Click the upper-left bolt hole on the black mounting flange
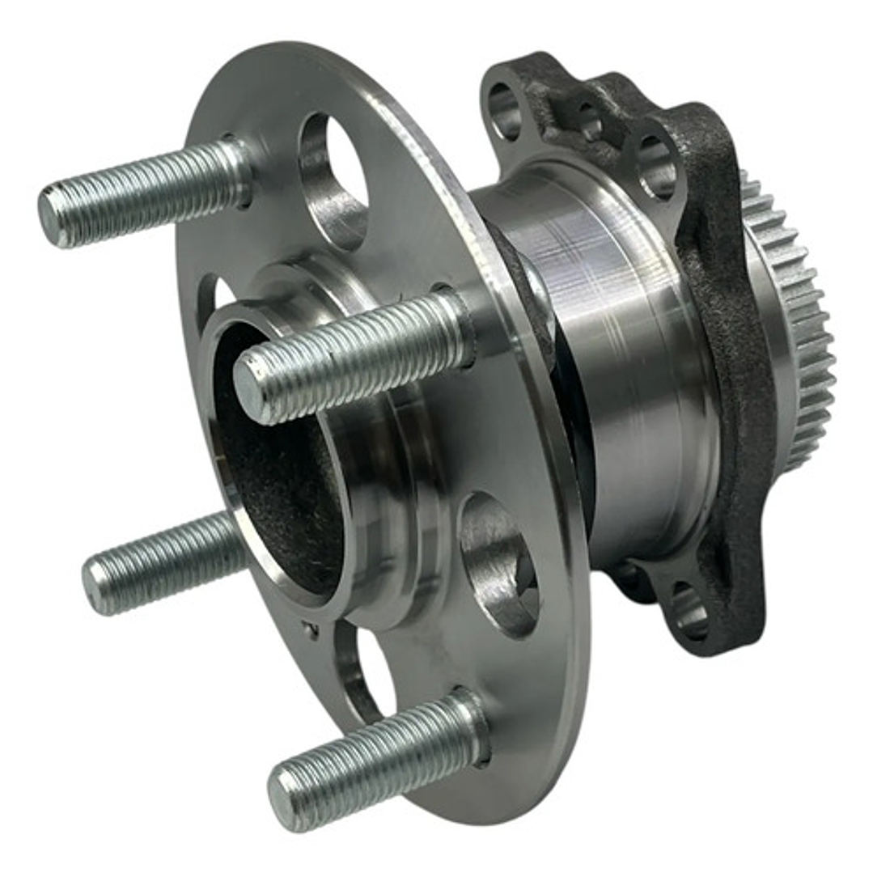click(x=505, y=110)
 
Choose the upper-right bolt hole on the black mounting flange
click(x=655, y=166)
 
